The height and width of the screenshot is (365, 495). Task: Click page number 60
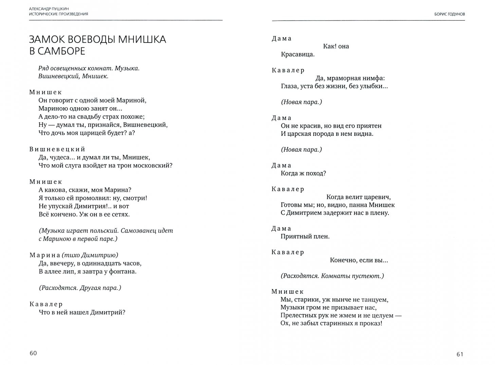coord(33,353)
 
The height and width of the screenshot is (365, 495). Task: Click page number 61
coord(460,354)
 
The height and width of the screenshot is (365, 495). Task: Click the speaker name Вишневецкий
coord(57,149)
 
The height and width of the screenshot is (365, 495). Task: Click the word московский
coord(156,165)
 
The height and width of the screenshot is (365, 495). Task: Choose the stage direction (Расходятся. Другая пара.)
coord(80,288)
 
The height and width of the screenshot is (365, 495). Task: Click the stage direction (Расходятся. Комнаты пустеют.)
coord(332,276)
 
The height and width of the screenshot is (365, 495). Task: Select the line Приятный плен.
coord(305,236)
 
